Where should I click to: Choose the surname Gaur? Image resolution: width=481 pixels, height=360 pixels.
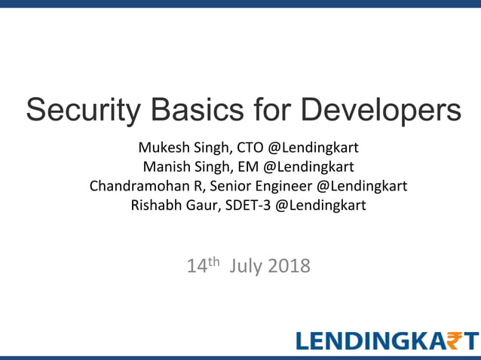pos(198,205)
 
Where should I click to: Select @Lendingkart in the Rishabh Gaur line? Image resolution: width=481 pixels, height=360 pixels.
pos(320,205)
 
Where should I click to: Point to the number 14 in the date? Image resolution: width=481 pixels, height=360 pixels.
pos(197,267)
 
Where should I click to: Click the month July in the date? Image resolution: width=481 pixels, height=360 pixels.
pos(245,267)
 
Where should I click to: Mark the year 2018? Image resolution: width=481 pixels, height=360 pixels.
pos(288,267)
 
